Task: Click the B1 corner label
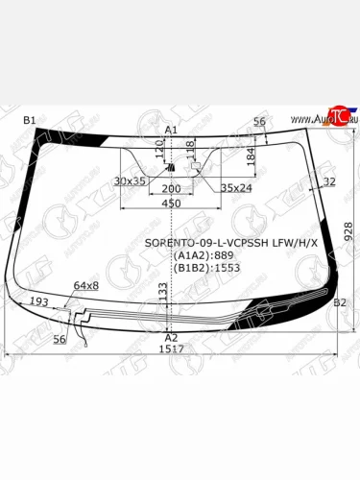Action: click(x=29, y=120)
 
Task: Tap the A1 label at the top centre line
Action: click(x=171, y=129)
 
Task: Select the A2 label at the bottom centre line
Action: click(x=171, y=338)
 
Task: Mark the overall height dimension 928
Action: click(x=348, y=231)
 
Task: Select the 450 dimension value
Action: click(x=171, y=204)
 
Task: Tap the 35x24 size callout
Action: click(x=236, y=189)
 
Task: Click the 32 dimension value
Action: click(x=329, y=180)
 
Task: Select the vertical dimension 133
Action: click(x=163, y=306)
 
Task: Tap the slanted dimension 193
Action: click(x=39, y=302)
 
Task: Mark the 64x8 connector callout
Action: click(x=86, y=286)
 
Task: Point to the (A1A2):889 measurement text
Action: click(x=204, y=256)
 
